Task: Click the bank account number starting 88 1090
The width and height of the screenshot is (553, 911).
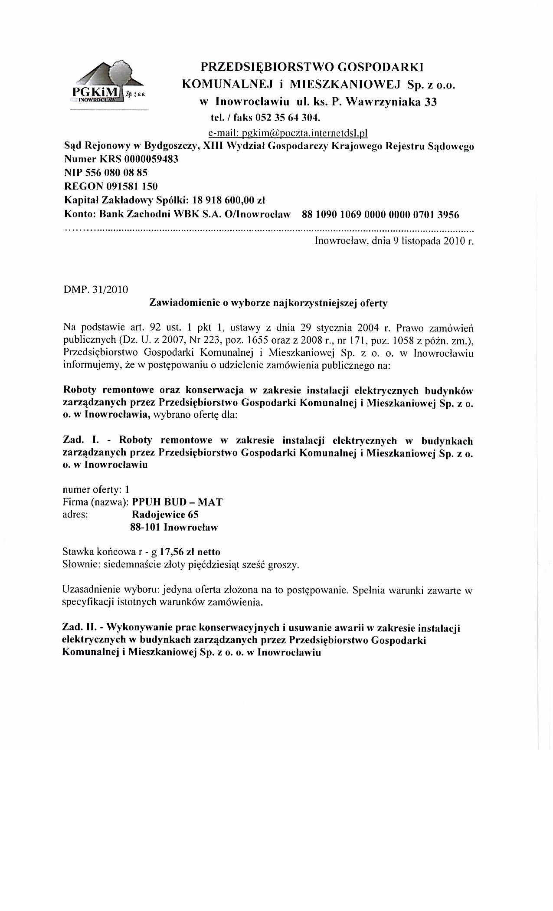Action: pos(377,214)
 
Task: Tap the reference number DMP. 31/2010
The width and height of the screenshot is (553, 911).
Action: pos(95,289)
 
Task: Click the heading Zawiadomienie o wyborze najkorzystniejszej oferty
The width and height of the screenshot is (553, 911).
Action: pos(268,303)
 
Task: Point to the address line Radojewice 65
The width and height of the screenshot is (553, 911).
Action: pos(165,515)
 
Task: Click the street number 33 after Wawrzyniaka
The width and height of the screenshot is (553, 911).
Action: pos(430,102)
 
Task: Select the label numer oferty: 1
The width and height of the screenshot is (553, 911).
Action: pos(96,490)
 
